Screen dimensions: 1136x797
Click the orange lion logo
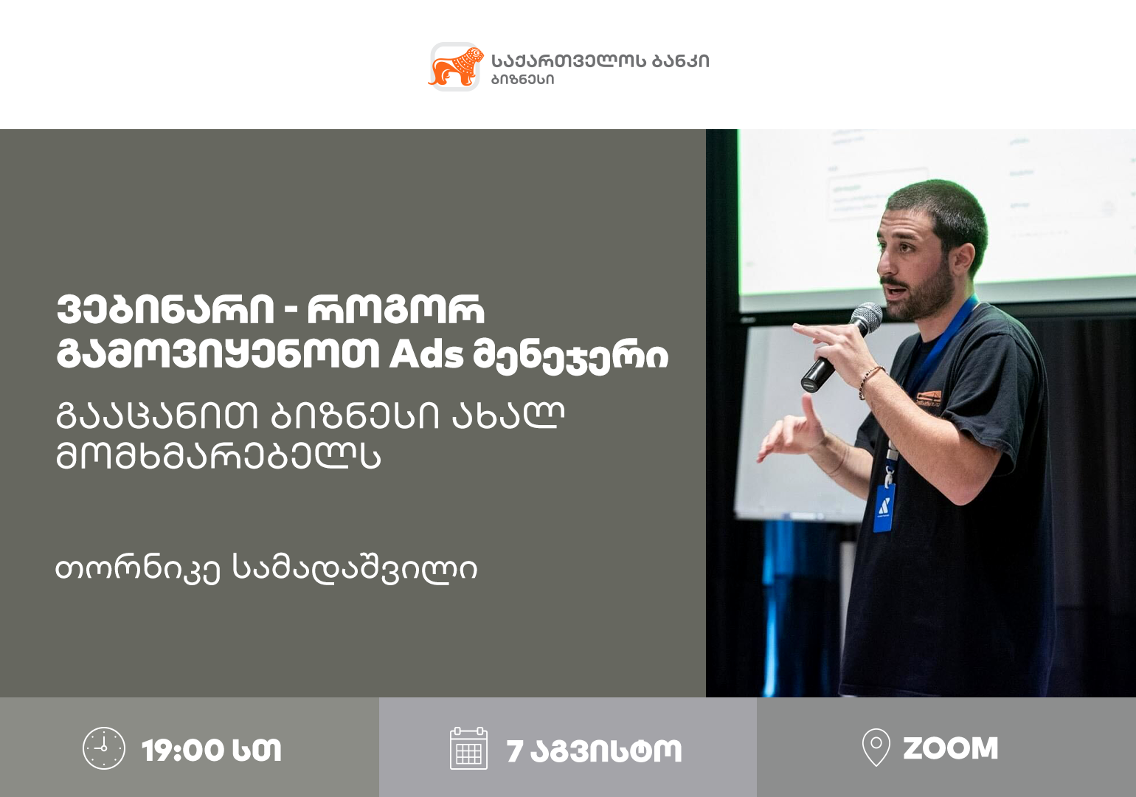[x=455, y=66]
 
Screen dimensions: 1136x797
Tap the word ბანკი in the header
[x=681, y=61]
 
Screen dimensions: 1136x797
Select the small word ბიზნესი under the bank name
[x=522, y=79]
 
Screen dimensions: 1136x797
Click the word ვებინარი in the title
[x=165, y=309]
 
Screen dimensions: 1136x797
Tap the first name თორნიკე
[x=138, y=570]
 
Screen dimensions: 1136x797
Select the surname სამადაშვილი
[x=355, y=569]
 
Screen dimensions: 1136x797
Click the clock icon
[x=104, y=749]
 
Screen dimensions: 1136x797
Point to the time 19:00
[x=183, y=751]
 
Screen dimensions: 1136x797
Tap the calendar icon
[x=468, y=749]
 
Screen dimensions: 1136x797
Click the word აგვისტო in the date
[x=606, y=751]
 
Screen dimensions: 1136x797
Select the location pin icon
[x=876, y=748]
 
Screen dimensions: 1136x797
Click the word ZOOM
[x=950, y=748]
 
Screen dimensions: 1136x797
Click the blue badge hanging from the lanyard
[x=884, y=508]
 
